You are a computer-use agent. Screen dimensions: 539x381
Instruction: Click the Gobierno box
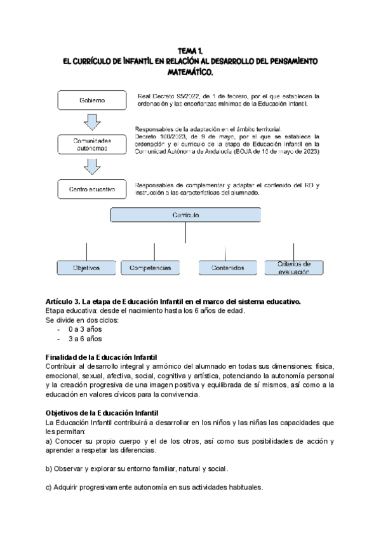click(x=92, y=100)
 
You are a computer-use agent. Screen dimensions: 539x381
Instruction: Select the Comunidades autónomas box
click(x=92, y=144)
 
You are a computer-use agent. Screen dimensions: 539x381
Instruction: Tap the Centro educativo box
click(x=92, y=189)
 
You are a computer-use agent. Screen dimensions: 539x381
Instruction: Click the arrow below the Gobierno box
click(x=93, y=121)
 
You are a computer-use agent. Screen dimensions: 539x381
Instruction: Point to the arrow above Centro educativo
click(x=93, y=166)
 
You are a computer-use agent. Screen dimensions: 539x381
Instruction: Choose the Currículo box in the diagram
click(x=186, y=216)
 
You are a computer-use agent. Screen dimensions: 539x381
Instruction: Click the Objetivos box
click(x=86, y=268)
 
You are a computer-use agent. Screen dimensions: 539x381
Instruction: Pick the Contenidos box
click(x=227, y=268)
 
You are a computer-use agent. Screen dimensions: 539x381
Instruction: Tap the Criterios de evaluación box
click(x=293, y=268)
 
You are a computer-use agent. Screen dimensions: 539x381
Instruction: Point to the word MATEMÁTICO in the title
click(x=190, y=72)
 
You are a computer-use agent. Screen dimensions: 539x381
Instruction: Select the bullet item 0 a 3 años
click(x=84, y=329)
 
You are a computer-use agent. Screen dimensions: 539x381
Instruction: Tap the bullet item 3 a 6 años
click(x=84, y=339)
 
